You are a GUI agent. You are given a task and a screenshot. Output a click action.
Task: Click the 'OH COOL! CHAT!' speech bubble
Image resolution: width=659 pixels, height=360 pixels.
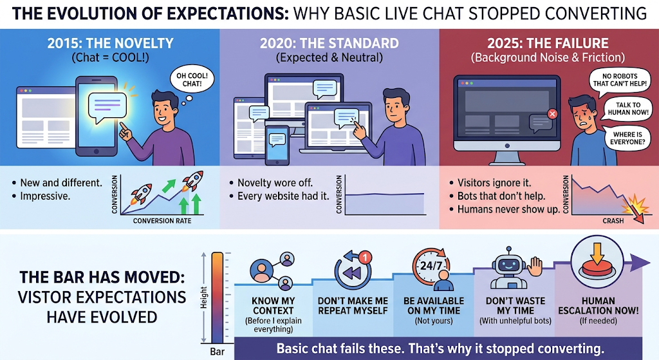point(192,80)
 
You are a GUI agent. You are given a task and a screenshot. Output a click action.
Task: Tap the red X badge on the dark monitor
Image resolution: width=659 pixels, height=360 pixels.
point(552,113)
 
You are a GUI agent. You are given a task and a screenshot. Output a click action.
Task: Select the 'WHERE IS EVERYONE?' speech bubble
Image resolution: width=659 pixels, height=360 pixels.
point(626,138)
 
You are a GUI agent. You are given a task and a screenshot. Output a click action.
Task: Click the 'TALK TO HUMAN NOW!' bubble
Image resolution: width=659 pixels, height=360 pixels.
point(627,109)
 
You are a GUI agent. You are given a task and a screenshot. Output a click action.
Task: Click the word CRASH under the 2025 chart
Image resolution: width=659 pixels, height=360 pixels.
point(613,221)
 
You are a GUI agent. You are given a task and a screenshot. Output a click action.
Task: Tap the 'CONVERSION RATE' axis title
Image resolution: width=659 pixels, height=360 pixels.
point(162,221)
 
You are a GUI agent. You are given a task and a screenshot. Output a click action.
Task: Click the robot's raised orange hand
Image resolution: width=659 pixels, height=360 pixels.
point(535,267)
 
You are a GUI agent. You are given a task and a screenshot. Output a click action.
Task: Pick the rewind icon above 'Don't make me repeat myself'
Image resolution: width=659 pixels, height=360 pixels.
point(353,270)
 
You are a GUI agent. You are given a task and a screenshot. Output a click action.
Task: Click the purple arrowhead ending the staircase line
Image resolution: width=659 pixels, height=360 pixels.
point(642,263)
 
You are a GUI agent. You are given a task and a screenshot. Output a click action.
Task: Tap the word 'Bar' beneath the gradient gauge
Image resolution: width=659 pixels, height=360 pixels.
point(218,351)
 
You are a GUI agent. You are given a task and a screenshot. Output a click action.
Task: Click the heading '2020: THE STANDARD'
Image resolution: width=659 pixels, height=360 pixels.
point(329,43)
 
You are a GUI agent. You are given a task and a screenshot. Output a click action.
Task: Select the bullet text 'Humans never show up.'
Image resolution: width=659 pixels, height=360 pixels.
point(508,209)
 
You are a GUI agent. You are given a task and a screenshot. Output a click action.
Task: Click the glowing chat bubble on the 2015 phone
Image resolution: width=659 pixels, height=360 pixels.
point(107,108)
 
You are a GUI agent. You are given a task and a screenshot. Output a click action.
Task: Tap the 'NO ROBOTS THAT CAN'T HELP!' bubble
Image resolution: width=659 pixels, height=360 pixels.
point(620,80)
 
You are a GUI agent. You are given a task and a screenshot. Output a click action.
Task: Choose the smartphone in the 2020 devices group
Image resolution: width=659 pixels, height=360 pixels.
point(277,145)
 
